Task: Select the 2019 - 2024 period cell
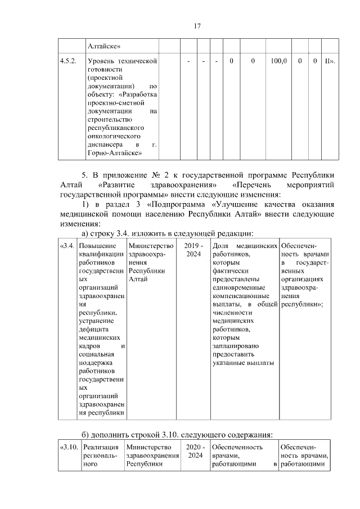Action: pyautogui.click(x=193, y=251)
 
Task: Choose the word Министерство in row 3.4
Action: pyautogui.click(x=151, y=246)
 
